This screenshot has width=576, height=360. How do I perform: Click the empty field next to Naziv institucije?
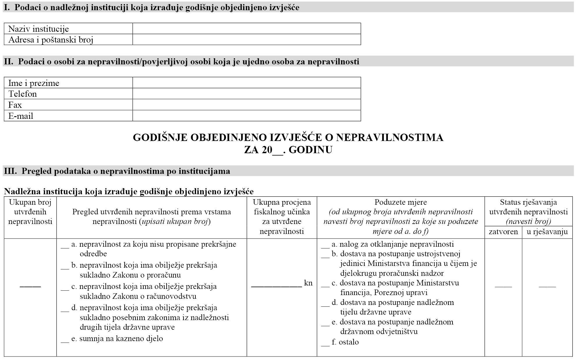246,29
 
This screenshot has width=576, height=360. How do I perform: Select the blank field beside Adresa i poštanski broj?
246,40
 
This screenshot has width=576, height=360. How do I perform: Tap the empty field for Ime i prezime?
246,83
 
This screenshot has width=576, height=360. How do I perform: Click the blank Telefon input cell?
246,94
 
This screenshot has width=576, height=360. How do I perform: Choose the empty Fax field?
246,105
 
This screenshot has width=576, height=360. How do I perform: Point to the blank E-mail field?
246,116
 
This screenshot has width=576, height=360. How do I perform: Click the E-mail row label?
21,116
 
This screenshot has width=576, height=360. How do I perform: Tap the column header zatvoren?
503,232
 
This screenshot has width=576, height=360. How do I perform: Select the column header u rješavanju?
547,232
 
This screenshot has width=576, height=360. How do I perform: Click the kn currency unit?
308,283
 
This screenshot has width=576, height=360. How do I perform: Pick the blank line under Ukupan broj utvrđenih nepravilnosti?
30,287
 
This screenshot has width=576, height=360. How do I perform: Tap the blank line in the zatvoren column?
503,287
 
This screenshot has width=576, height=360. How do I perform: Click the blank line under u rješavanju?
547,287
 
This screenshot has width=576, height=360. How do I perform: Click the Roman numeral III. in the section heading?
10,171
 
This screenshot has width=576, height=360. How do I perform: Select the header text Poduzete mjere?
401,202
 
